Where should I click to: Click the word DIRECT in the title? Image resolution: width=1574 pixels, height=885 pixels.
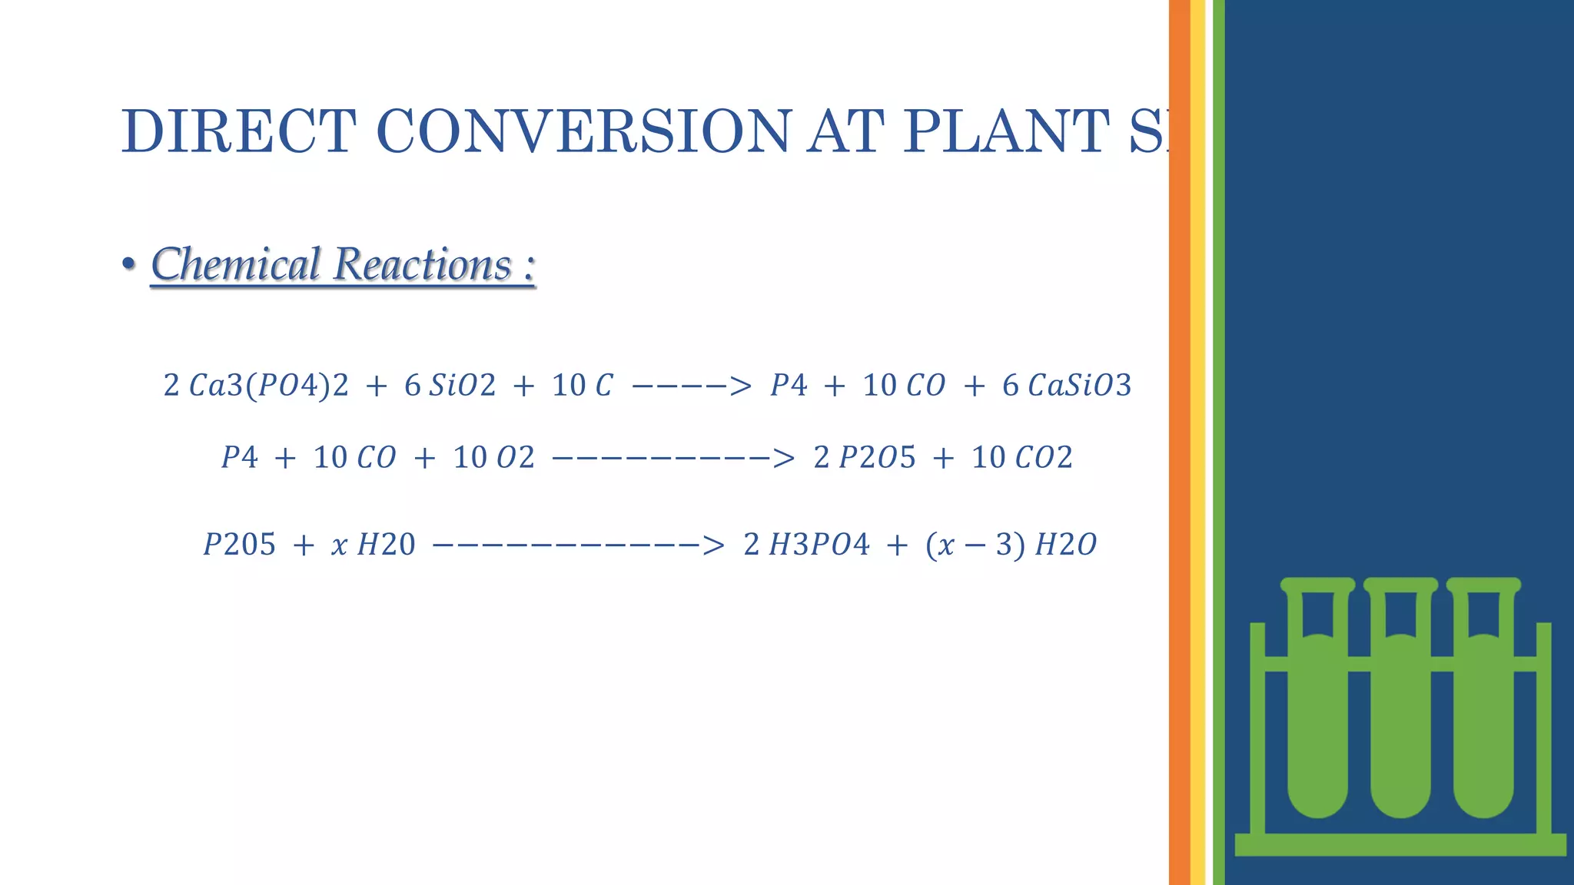[238, 131]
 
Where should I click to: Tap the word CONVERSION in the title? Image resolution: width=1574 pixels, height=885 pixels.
[583, 131]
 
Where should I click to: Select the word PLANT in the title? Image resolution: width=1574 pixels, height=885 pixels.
[1006, 131]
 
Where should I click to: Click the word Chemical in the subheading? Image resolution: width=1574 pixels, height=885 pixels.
[235, 264]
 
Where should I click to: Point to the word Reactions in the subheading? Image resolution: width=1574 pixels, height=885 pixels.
[423, 264]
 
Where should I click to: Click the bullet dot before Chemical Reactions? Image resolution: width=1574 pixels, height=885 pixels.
[128, 264]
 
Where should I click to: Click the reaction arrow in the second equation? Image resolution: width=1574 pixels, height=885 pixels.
[672, 459]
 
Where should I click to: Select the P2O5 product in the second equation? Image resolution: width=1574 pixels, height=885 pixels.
[877, 458]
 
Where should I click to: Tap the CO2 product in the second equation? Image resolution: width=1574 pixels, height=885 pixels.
[1044, 458]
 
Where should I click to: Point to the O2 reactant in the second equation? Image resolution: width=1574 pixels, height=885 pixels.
[515, 458]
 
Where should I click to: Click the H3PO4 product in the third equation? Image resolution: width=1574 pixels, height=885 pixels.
[819, 545]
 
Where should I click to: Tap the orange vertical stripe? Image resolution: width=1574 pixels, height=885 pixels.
[1179, 442]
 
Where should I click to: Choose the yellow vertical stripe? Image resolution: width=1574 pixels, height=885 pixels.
[1197, 442]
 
